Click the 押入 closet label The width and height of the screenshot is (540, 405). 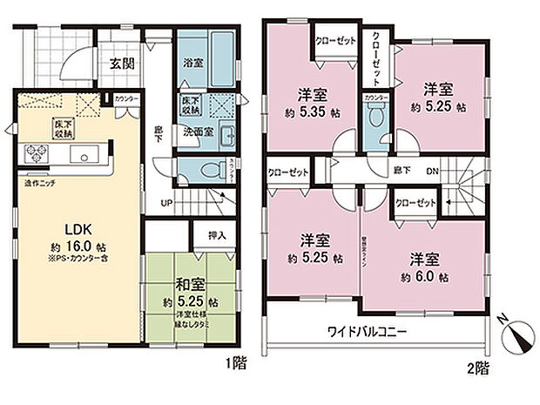pyautogui.click(x=219, y=235)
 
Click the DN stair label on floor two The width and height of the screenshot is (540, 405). pyautogui.click(x=433, y=172)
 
